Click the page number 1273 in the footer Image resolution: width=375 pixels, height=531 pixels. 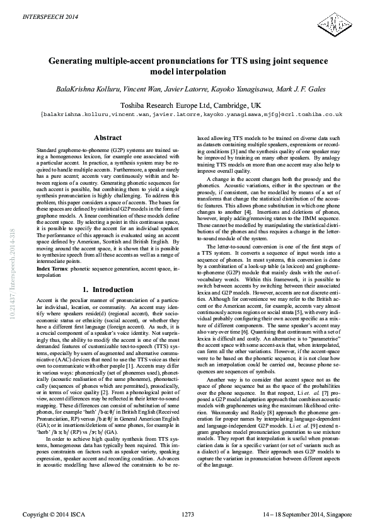pyautogui.click(x=187, y=515)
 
